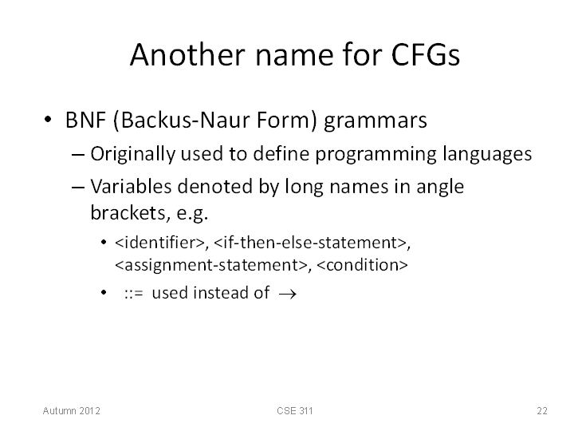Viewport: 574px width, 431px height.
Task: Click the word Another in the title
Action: (187, 54)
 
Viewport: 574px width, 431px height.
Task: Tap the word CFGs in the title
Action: (426, 54)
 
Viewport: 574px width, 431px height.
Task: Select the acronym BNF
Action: (86, 120)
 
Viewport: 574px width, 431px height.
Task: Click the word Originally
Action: (133, 154)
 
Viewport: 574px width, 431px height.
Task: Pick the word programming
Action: (376, 154)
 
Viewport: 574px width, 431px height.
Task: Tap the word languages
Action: (487, 154)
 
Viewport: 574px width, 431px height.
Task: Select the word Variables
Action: (131, 186)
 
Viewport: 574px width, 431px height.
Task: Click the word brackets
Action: (130, 212)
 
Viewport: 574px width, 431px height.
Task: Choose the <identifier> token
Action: (159, 243)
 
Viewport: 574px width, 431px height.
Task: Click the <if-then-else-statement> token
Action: (310, 243)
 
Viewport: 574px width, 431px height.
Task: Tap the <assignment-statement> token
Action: (211, 265)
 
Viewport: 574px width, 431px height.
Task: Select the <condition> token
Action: (362, 265)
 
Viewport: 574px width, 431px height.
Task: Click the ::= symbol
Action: (134, 294)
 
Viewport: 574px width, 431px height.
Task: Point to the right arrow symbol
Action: (287, 294)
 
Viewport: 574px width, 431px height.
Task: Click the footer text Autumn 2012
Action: (72, 411)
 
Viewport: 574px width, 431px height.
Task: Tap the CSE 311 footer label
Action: (295, 411)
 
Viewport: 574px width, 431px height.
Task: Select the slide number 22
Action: (542, 411)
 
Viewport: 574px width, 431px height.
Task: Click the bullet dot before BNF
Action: (48, 120)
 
